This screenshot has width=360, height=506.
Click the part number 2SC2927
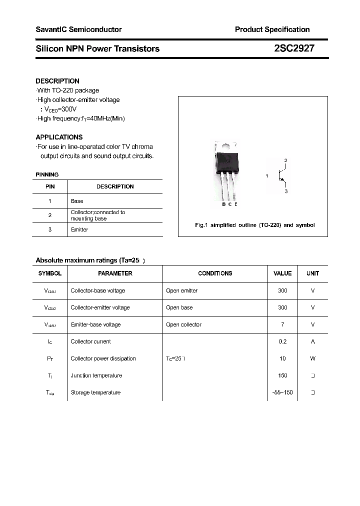(294, 48)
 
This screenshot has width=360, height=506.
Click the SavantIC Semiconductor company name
(78, 29)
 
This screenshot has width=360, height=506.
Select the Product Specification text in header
(272, 29)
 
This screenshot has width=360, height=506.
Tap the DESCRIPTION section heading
(57, 81)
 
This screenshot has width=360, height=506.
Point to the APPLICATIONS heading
(59, 137)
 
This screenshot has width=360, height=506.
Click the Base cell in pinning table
(77, 201)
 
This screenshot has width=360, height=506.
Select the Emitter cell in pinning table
(79, 229)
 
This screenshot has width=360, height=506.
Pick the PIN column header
(50, 186)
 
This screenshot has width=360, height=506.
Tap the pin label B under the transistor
(223, 204)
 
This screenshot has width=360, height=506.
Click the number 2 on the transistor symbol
(285, 160)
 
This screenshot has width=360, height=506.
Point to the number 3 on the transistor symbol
(285, 191)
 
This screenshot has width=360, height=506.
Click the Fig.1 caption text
(254, 225)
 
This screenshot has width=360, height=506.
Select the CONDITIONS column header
(215, 273)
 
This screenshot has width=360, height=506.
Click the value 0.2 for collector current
(282, 341)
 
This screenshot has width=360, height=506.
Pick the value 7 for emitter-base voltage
(282, 324)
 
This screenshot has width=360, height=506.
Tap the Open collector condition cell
(183, 324)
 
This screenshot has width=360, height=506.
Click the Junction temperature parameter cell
(96, 375)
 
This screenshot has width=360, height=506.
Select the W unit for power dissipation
(312, 358)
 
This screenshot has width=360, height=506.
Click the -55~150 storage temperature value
(282, 392)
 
